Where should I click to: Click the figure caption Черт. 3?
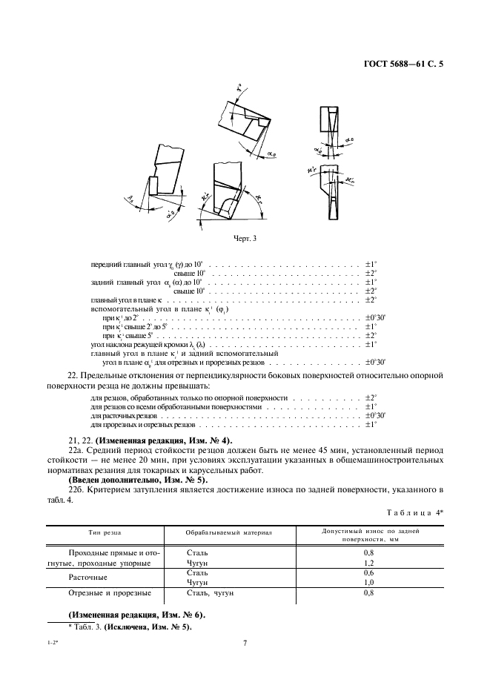pyautogui.click(x=245, y=238)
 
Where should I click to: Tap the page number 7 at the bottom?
pyautogui.click(x=245, y=643)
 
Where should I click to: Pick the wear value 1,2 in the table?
pyautogui.click(x=368, y=563)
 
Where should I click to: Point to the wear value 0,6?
pyautogui.click(x=368, y=572)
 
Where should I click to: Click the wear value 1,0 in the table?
pyautogui.click(x=368, y=583)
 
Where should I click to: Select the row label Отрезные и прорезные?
pyautogui.click(x=110, y=593)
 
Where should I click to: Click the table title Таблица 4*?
pyautogui.click(x=415, y=513)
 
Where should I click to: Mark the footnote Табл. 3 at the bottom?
pyautogui.click(x=130, y=627)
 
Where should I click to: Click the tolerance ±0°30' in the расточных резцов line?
pyautogui.click(x=374, y=417)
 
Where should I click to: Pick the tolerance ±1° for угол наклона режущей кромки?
pyautogui.click(x=371, y=345)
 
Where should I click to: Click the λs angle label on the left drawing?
pyautogui.click(x=131, y=196)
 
